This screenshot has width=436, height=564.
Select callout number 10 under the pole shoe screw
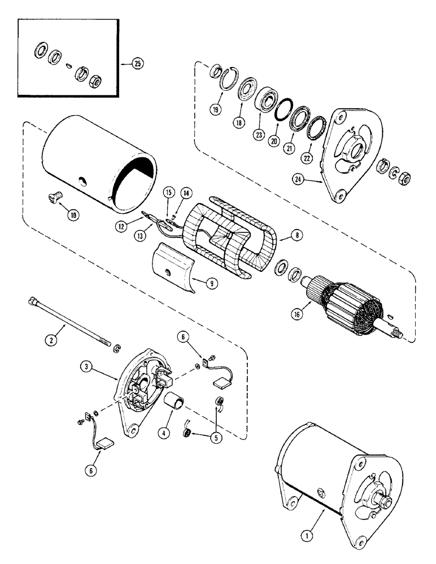(75, 215)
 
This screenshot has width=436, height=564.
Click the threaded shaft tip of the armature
(399, 335)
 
